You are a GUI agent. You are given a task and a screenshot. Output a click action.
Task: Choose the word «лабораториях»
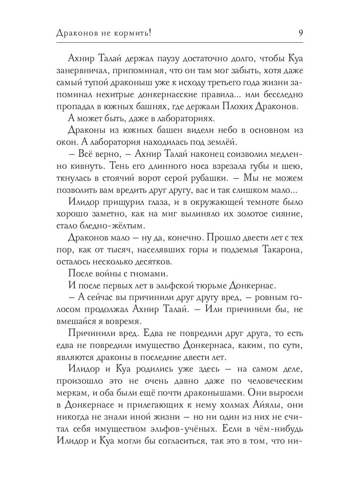pos(188,119)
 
